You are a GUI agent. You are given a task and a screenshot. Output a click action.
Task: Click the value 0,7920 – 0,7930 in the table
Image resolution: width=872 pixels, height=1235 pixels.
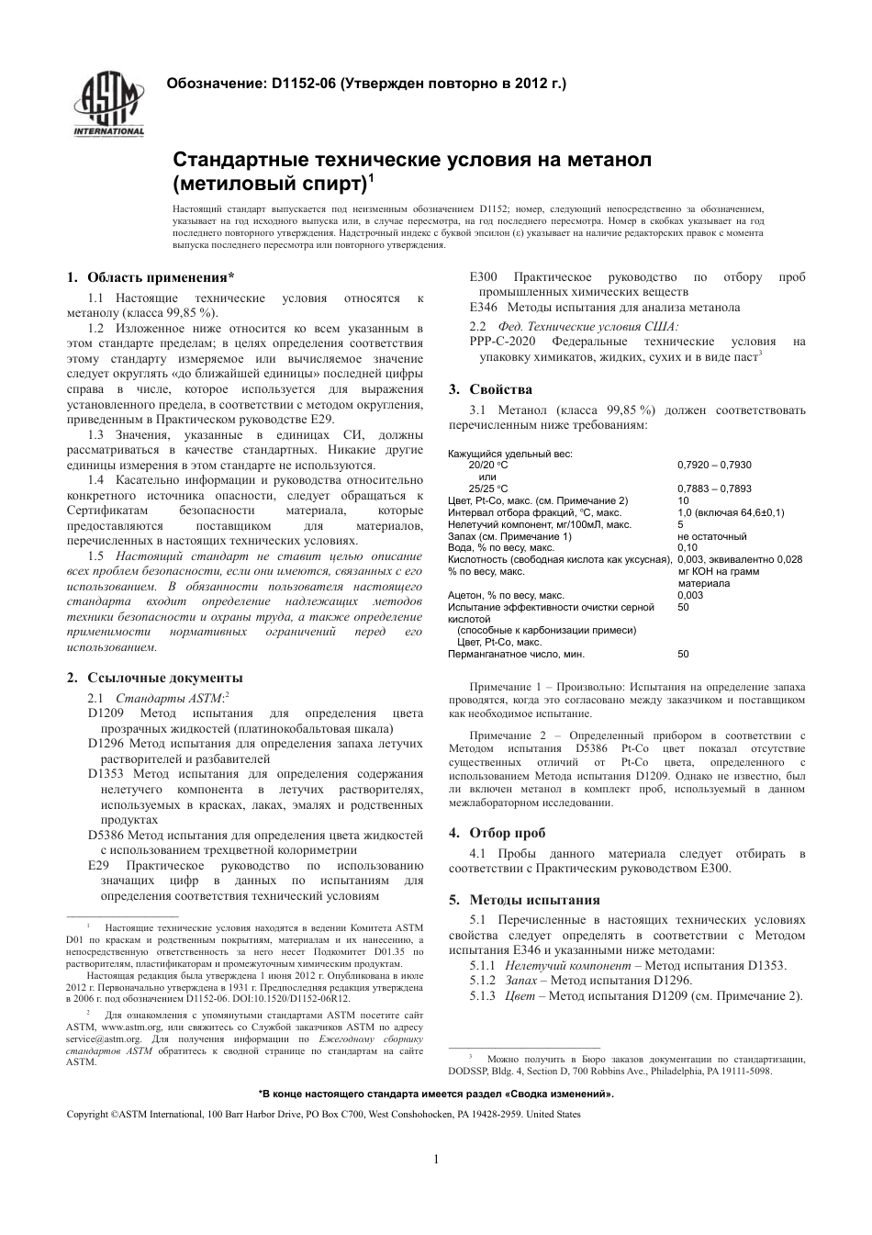tap(714, 466)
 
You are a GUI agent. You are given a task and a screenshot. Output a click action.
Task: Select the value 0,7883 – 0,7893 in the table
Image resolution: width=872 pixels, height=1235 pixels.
tap(714, 488)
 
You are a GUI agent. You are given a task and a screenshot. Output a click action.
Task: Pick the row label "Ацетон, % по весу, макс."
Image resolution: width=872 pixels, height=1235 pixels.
tap(506, 595)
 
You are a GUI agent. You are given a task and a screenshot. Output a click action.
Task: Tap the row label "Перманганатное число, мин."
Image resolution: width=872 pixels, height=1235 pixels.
tap(516, 654)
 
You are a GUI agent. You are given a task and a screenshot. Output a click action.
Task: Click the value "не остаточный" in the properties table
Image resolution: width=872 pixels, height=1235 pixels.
tap(712, 536)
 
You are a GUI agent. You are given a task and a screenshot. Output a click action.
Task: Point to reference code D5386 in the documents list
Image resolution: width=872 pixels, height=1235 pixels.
tap(106, 836)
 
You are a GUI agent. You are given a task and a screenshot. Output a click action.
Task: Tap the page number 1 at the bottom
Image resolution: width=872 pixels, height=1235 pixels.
tap(436, 1160)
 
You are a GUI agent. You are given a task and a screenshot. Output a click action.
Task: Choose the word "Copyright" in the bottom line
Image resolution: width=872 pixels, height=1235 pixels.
tap(88, 1114)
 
